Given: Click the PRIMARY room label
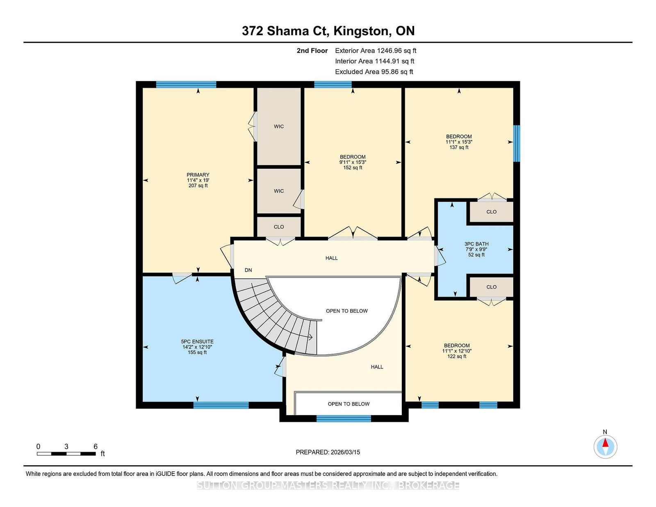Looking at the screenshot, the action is coord(198,175).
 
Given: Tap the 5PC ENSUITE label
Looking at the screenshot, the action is coord(197,342).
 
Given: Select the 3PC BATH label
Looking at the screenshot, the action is coord(476,244).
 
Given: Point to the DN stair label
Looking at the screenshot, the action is coord(248,270).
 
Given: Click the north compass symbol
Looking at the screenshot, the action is coord(605,447).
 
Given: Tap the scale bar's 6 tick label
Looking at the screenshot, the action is coord(96,446).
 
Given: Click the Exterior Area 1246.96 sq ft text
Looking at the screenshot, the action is coord(376,51).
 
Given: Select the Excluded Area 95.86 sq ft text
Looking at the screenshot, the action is coord(374,72).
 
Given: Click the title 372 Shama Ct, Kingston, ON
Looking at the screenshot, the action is coord(328,31).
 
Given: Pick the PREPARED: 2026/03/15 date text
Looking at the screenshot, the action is coord(328,452).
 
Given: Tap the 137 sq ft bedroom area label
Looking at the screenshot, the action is coord(459,147).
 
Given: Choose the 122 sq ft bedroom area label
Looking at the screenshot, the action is coord(457,357).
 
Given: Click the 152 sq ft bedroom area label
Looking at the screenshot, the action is coord(353,168).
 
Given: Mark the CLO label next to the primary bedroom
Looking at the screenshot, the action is coord(279,227).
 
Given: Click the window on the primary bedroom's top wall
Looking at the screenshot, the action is coord(186,84).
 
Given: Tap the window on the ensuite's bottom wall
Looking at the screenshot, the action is coord(221,405).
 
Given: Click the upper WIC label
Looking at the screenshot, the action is coord(279,127).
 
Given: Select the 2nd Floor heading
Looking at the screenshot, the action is coord(312,51).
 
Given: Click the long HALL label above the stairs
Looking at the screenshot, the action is coord(331,258).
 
